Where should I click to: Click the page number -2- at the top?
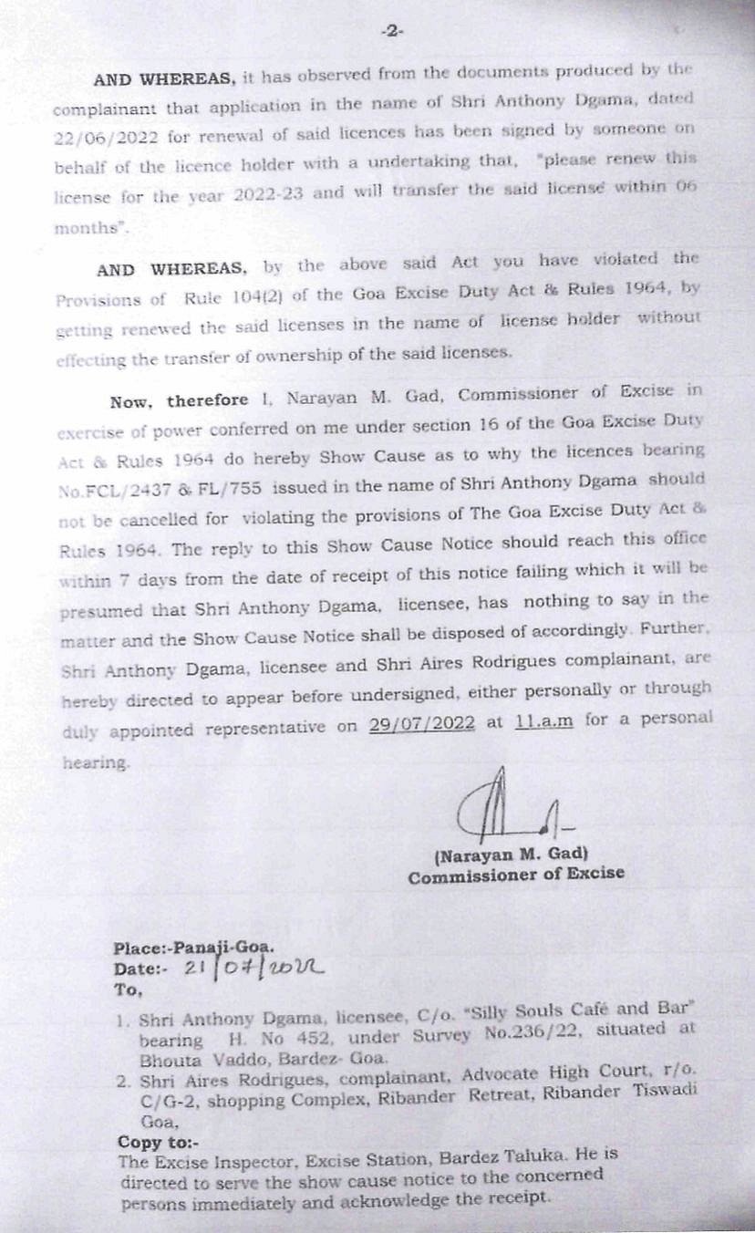click(x=392, y=31)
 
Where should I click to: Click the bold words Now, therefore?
click(x=179, y=400)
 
